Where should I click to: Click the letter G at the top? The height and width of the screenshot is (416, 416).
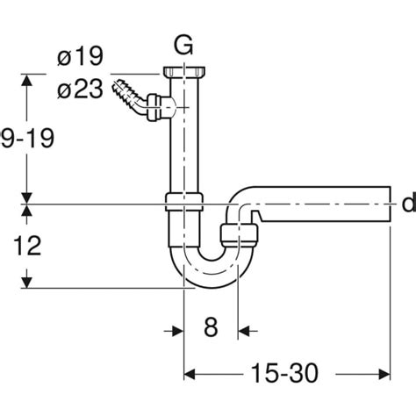[182, 45]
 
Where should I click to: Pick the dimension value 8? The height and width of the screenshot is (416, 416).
[211, 330]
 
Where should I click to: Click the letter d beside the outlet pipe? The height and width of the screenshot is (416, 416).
[407, 204]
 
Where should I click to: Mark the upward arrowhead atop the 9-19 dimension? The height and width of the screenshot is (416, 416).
[29, 81]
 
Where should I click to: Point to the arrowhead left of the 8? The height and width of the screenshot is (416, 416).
[176, 330]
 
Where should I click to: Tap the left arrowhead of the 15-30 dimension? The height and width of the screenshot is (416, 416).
[189, 374]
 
